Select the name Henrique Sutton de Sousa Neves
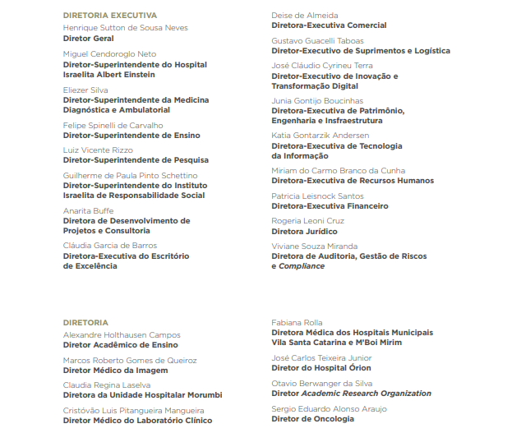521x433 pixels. click(126, 28)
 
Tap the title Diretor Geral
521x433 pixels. click(89, 39)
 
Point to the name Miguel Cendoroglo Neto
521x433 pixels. click(109, 53)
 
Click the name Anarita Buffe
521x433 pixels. click(89, 210)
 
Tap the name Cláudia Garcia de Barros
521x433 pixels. click(110, 246)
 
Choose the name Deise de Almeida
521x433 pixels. click(305, 16)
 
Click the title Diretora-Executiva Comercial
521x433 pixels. click(330, 25)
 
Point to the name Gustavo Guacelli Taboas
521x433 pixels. click(318, 40)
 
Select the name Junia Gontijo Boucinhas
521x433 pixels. click(317, 100)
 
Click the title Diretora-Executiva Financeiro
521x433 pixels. click(330, 206)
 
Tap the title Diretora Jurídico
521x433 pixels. click(304, 232)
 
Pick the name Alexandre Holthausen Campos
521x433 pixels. click(122, 335)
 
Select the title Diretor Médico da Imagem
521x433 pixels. click(116, 371)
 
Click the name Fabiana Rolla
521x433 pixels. click(297, 322)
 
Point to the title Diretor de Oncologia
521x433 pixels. click(313, 419)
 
